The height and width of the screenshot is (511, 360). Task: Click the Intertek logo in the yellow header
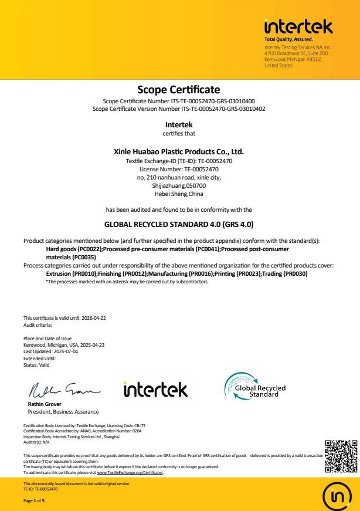point(298,26)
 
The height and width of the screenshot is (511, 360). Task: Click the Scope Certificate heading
point(178,90)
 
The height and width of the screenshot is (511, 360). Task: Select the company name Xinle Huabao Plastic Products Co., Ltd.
point(178,151)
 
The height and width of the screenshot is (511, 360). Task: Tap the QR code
point(341,456)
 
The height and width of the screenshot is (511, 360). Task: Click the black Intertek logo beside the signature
point(155,389)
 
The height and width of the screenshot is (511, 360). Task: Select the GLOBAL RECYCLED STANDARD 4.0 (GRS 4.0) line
point(178,224)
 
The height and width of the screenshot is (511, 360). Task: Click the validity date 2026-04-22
point(94,318)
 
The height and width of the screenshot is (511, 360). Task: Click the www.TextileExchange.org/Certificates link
point(130,472)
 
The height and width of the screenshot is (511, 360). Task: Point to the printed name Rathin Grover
point(45,404)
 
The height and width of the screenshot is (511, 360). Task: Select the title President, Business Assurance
point(63,411)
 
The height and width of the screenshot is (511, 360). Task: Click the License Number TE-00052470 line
point(178,169)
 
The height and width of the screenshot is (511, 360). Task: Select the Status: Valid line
point(36,365)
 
